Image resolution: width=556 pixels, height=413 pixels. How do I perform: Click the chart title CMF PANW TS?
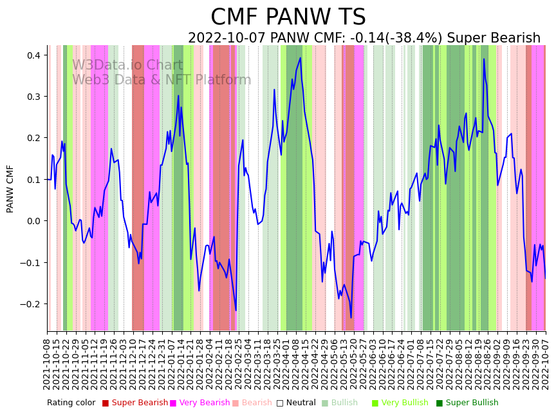288,17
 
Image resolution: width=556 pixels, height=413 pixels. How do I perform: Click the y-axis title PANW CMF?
10,188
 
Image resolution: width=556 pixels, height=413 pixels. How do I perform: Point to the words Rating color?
71,403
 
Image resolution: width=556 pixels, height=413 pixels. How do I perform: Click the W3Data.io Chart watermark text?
127,66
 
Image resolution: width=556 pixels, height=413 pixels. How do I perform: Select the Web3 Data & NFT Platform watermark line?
162,80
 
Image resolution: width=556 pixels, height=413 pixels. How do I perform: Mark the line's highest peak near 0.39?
484,59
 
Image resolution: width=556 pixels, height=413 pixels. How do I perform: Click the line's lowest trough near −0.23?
351,318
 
